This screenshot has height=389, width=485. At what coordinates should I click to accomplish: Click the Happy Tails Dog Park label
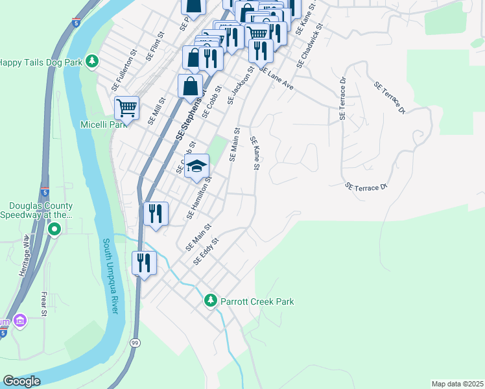[41, 62]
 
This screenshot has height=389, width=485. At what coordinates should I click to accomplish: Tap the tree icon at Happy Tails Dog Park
[93, 62]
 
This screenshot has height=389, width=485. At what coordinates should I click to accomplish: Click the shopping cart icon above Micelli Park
[126, 108]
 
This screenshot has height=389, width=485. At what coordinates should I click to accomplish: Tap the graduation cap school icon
[196, 166]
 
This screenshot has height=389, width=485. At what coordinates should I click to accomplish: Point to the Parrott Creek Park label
[257, 301]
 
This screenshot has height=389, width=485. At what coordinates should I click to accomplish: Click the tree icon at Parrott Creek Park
[210, 301]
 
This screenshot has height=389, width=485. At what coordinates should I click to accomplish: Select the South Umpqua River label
[110, 276]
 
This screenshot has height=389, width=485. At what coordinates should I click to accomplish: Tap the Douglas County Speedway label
[36, 209]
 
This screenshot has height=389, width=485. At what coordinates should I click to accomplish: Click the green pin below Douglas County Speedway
[55, 229]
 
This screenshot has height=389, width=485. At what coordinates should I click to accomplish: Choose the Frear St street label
[44, 303]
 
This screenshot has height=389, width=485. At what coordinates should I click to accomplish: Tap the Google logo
[21, 381]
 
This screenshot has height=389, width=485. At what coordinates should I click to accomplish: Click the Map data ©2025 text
[456, 384]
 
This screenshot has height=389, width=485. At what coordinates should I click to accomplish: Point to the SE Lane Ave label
[276, 78]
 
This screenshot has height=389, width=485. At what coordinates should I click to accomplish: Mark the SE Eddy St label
[207, 251]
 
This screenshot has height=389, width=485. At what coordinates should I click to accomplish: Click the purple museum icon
[19, 322]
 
